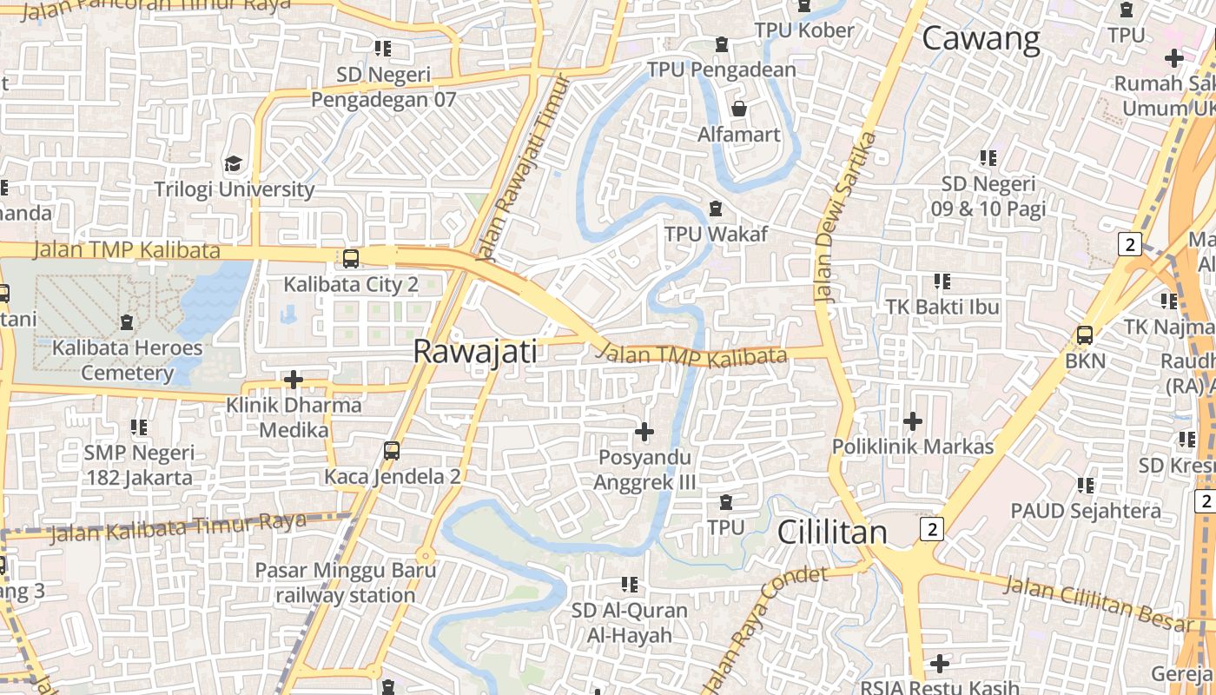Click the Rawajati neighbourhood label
coord(474,351)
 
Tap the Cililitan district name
coord(832,532)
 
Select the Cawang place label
coord(981,39)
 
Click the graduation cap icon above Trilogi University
coord(233,163)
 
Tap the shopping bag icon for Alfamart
coord(738,109)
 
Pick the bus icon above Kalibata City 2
coord(351,258)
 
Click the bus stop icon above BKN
coord(1084,334)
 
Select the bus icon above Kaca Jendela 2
coord(392,450)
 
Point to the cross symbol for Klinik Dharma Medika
coord(294,380)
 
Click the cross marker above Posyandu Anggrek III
coord(644,431)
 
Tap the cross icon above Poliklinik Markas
coord(912,421)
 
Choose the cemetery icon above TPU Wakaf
coord(716,208)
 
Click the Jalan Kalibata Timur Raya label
coord(177,527)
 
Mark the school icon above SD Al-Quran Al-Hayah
coord(630,585)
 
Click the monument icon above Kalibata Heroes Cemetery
coord(127,322)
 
